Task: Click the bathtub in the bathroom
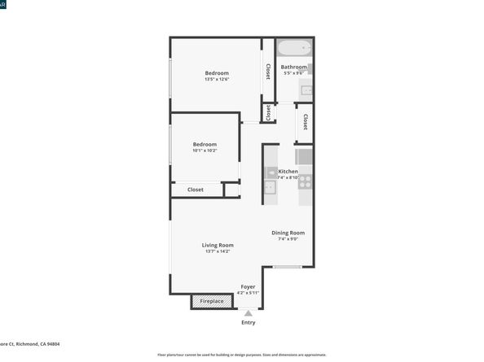pyautogui.click(x=294, y=47)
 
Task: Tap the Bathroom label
pyautogui.click(x=294, y=67)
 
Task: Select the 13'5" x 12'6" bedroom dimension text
pyautogui.click(x=217, y=80)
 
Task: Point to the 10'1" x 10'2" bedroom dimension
pyautogui.click(x=205, y=150)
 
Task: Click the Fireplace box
pyautogui.click(x=211, y=302)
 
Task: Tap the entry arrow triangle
pyautogui.click(x=249, y=312)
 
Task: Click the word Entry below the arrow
pyautogui.click(x=249, y=323)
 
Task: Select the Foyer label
pyautogui.click(x=248, y=286)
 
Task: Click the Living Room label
pyautogui.click(x=218, y=245)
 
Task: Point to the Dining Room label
pyautogui.click(x=288, y=233)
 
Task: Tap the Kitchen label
pyautogui.click(x=288, y=172)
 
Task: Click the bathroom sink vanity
pyautogui.click(x=306, y=90)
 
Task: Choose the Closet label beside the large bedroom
pyautogui.click(x=267, y=72)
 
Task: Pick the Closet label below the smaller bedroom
pyautogui.click(x=196, y=190)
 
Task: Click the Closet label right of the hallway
pyautogui.click(x=306, y=122)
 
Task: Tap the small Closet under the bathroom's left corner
pyautogui.click(x=266, y=111)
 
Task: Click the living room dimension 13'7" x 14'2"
pyautogui.click(x=218, y=251)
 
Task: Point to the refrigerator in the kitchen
pyautogui.click(x=304, y=156)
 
